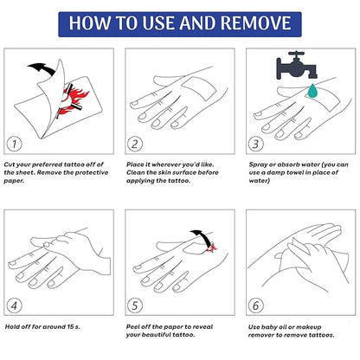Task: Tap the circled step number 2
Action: coord(135,143)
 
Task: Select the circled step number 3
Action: coord(256,143)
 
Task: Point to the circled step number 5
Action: coord(135,304)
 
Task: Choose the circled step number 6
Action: coord(256,304)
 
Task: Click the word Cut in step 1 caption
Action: coord(10,163)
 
